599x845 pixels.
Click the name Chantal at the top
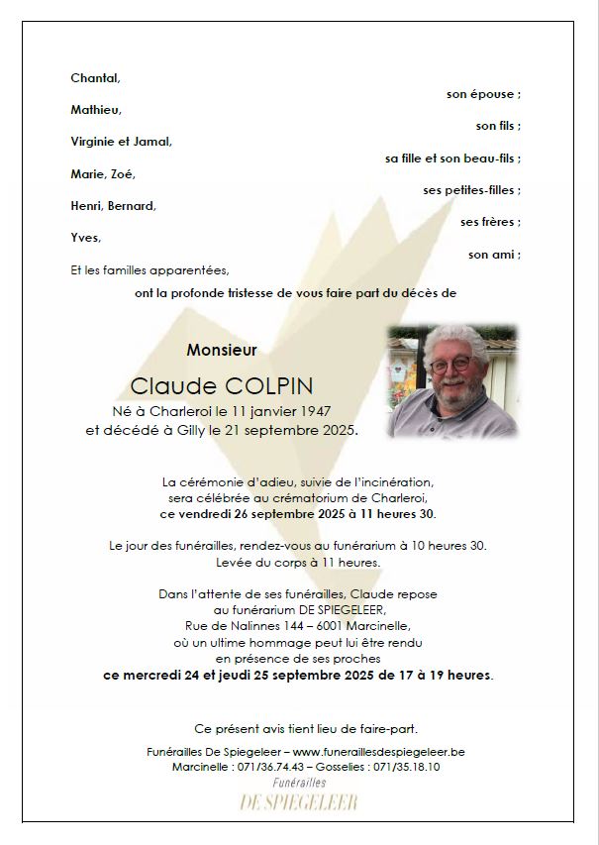[x=94, y=78]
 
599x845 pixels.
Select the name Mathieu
[x=95, y=110]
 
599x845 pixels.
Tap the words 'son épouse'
[x=482, y=94]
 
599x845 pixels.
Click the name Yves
[x=85, y=238]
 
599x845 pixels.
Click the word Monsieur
[x=222, y=350]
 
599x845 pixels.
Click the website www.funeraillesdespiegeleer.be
[x=379, y=752]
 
